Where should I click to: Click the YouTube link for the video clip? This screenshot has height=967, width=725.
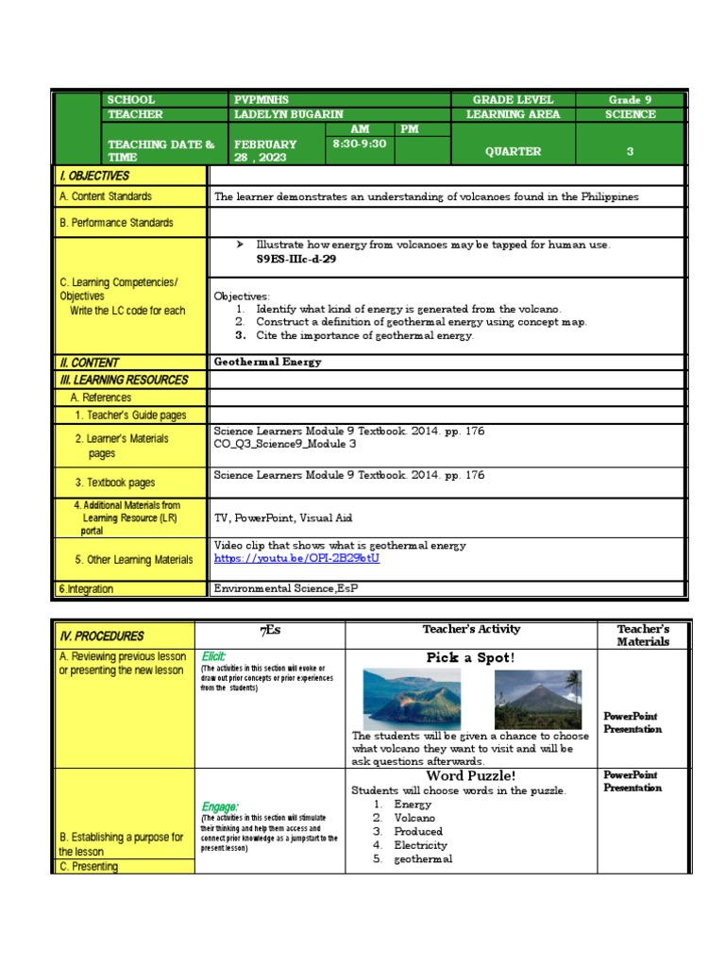(296, 559)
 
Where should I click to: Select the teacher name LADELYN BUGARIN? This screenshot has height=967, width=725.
(289, 114)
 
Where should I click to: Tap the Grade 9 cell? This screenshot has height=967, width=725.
(630, 100)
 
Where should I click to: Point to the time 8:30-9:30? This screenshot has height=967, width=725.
(359, 144)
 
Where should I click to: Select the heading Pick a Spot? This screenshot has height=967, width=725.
(470, 657)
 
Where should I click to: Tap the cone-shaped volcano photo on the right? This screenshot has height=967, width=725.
(537, 699)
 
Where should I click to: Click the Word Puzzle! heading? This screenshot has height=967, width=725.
(470, 776)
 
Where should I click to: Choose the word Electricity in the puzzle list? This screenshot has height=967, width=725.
(420, 845)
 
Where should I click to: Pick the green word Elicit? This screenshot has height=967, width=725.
(213, 655)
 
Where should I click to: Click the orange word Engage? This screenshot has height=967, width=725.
(219, 806)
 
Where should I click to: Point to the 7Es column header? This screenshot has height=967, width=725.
(270, 630)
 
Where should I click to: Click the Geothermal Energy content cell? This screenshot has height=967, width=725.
(268, 362)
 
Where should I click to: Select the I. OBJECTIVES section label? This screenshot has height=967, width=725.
(94, 176)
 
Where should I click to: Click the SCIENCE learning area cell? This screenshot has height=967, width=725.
(630, 114)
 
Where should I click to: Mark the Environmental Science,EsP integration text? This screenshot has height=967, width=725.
(286, 588)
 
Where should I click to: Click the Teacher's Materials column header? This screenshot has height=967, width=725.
(642, 635)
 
